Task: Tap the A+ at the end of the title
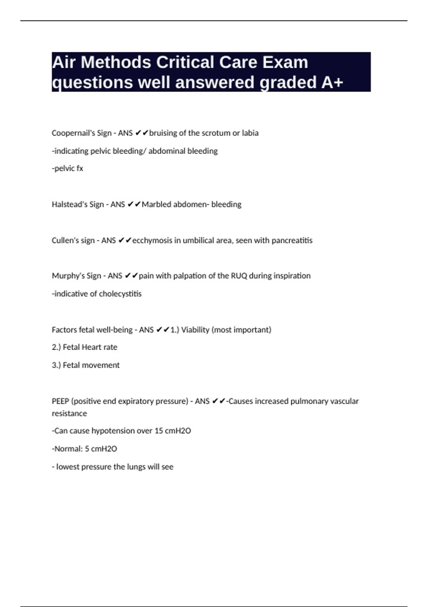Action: (332, 82)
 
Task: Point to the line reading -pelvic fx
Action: (67, 168)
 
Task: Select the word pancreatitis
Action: (292, 240)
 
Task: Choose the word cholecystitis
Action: (120, 294)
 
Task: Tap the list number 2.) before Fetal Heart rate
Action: (56, 347)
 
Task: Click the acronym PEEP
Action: (60, 401)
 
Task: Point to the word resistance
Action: (69, 413)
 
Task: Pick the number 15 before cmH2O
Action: (159, 431)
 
